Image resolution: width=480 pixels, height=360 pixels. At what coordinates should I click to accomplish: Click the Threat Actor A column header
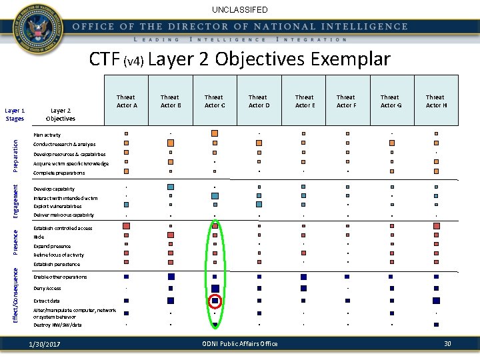click(x=127, y=101)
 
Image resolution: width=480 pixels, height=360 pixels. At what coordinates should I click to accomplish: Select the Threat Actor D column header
click(x=258, y=101)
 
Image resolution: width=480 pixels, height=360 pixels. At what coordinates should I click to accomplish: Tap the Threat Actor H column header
click(x=435, y=101)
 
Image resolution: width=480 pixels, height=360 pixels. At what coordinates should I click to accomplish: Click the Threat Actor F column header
click(x=346, y=101)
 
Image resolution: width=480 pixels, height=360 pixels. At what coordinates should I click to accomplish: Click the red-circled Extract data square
click(x=215, y=301)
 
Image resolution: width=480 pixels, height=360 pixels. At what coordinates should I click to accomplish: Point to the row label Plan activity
click(x=47, y=135)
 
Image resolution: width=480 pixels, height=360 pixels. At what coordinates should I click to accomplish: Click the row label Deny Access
click(x=47, y=289)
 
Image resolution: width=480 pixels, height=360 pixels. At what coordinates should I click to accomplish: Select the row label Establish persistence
click(x=57, y=264)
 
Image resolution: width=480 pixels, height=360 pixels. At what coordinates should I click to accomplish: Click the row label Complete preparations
click(x=59, y=173)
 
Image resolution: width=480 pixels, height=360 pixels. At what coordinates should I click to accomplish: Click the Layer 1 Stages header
click(x=15, y=115)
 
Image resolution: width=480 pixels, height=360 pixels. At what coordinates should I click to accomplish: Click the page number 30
click(x=447, y=343)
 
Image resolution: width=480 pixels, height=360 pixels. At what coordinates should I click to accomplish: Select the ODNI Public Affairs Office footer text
click(x=239, y=343)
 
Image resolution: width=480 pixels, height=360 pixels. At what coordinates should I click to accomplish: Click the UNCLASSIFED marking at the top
click(x=240, y=10)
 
